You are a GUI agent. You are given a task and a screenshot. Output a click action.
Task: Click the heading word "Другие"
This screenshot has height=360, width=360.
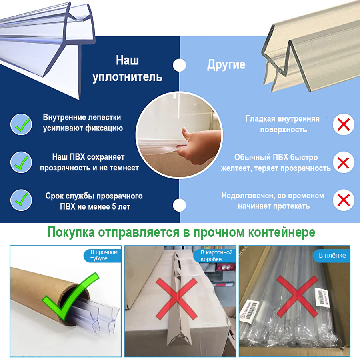(226, 65)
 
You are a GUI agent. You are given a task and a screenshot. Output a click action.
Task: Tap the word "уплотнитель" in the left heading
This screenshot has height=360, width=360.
(127, 77)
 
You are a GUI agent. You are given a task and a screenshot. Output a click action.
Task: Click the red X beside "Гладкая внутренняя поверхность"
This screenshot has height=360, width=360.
(344, 124)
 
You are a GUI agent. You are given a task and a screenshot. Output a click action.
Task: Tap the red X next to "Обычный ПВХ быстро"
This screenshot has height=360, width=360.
(344, 162)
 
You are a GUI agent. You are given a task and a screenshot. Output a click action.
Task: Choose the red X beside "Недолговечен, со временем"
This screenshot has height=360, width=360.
(344, 200)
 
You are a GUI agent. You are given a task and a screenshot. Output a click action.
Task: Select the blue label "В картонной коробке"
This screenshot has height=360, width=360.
(216, 255)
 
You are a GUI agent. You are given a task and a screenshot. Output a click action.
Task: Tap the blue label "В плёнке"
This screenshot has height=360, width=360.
(332, 255)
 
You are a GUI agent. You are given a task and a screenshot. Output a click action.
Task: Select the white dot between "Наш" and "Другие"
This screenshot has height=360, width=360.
(180, 65)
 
